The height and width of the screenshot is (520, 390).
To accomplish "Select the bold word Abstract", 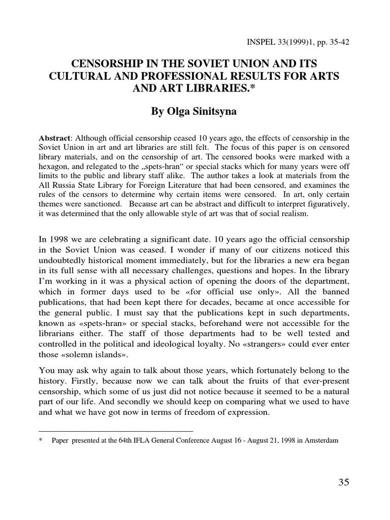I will tap(55, 138).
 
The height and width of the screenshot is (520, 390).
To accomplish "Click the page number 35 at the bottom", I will tap(344, 482).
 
